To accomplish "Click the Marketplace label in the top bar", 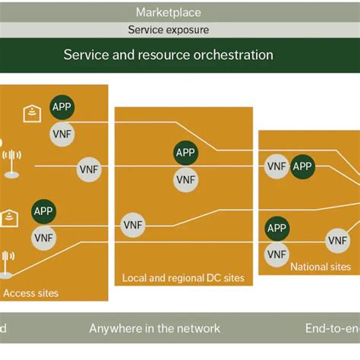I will tap(168, 12).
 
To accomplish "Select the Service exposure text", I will tap(168, 30).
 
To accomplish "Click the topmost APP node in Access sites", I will tap(63, 107).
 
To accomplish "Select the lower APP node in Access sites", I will tap(44, 211).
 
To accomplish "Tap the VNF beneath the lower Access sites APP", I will tap(44, 238).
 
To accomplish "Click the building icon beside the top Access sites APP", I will tap(30, 115).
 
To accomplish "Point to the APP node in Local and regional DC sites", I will tap(185, 153).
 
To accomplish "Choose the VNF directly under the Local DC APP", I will tap(185, 179).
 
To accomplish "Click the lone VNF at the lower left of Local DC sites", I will tap(134, 225).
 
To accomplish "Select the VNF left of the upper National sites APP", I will tap(276, 166).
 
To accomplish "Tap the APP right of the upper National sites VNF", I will tap(302, 166).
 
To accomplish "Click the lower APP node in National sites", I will tap(277, 227).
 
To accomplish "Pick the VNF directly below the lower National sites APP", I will tap(277, 253).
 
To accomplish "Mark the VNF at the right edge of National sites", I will tap(338, 240).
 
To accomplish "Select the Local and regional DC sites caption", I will tap(184, 278).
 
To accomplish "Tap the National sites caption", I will tap(321, 267).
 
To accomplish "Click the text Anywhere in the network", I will tap(155, 328).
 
